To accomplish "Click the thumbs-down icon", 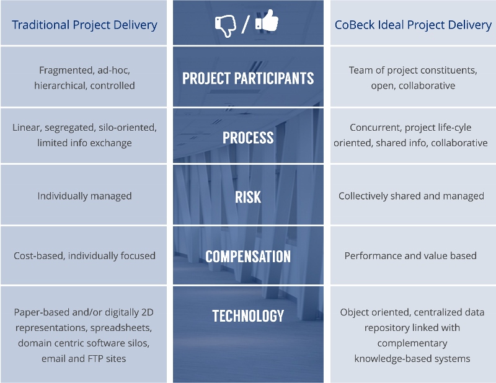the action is pyautogui.click(x=225, y=26).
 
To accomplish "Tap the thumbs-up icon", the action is pyautogui.click(x=267, y=20).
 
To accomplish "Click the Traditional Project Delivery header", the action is pyautogui.click(x=84, y=25).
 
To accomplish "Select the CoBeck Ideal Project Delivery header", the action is pyautogui.click(x=413, y=25).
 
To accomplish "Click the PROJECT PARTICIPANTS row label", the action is pyautogui.click(x=248, y=78).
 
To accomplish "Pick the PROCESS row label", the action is pyautogui.click(x=248, y=138).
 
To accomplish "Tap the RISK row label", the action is pyautogui.click(x=248, y=196).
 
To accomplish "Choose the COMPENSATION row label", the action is pyautogui.click(x=248, y=256).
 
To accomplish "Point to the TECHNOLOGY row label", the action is pyautogui.click(x=248, y=315).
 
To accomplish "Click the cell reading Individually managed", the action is pyautogui.click(x=84, y=196).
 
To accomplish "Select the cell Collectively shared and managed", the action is pyautogui.click(x=411, y=196).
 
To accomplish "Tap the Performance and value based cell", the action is pyautogui.click(x=410, y=255).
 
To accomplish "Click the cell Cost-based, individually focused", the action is pyautogui.click(x=84, y=255).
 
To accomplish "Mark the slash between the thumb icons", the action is pyautogui.click(x=245, y=25).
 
